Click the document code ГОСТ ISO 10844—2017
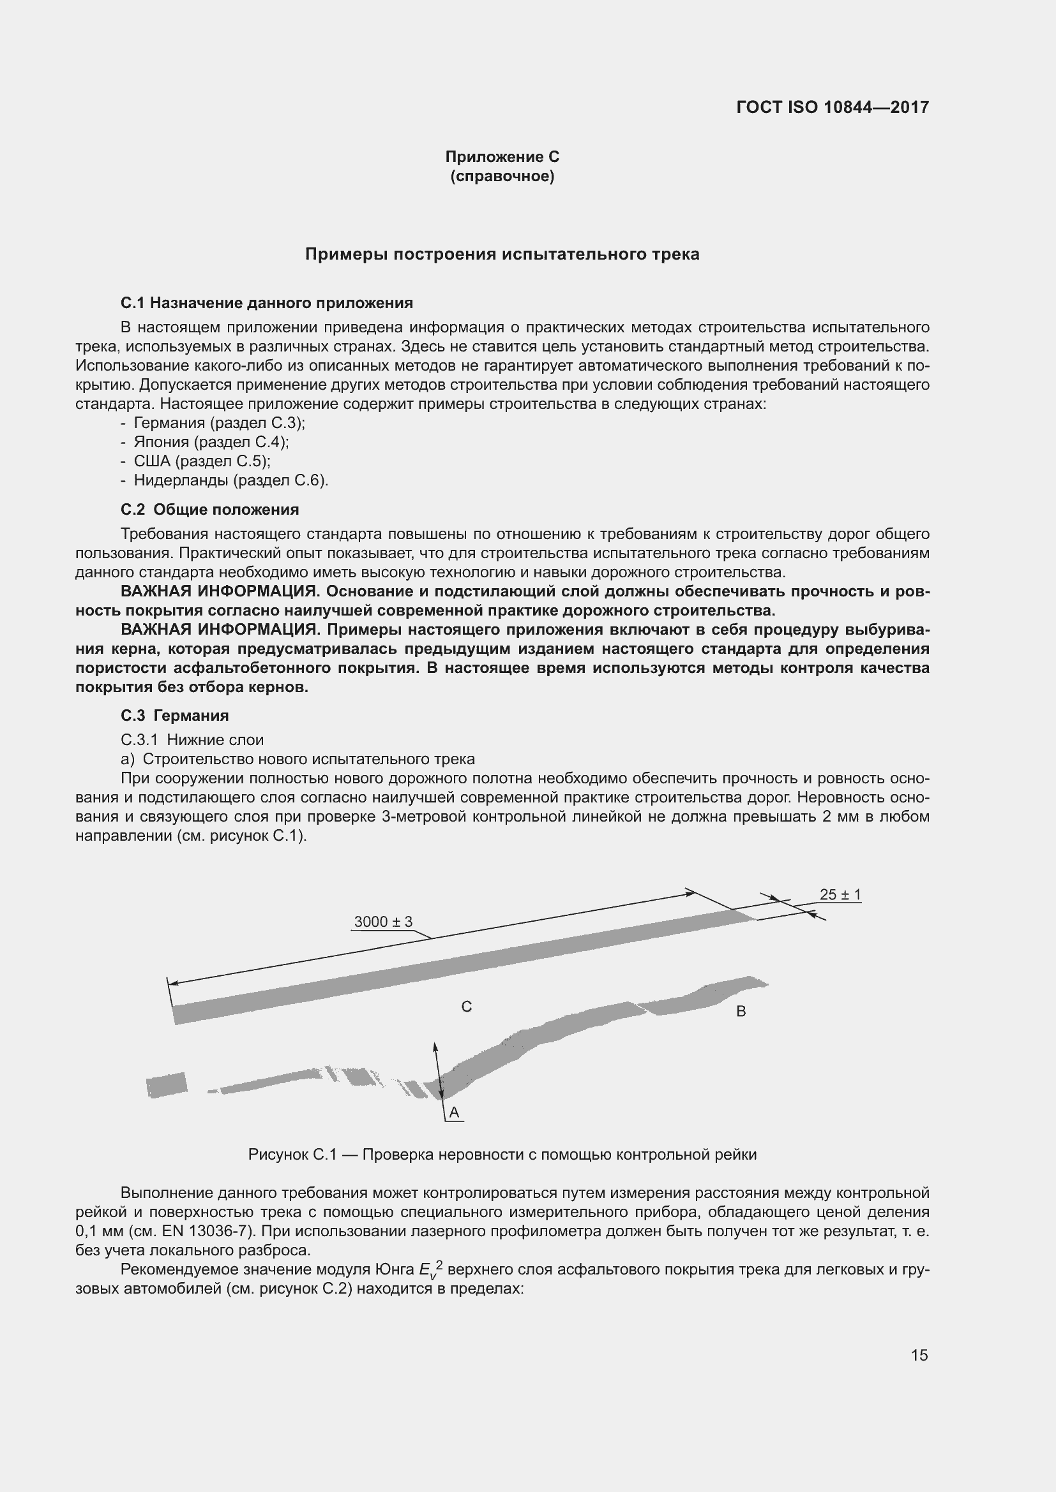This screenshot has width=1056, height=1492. coord(833,107)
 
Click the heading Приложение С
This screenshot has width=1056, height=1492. coord(502,157)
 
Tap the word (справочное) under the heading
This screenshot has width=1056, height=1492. coord(502,176)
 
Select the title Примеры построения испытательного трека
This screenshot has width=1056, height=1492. coord(502,254)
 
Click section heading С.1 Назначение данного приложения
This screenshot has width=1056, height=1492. coord(267,303)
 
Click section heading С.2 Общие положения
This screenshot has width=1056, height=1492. coord(209,510)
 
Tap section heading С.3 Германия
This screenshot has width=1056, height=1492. coord(175,716)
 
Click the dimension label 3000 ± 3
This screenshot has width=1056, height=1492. coord(383,922)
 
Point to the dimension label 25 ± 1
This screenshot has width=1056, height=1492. coord(840,894)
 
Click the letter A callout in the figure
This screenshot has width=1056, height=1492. coord(454,1112)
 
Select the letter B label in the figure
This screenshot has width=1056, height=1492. coord(741,1011)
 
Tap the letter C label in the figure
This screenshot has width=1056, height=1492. coord(466,1007)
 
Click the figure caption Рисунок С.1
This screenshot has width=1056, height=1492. coord(502,1154)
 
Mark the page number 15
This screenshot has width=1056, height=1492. coord(919,1355)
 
